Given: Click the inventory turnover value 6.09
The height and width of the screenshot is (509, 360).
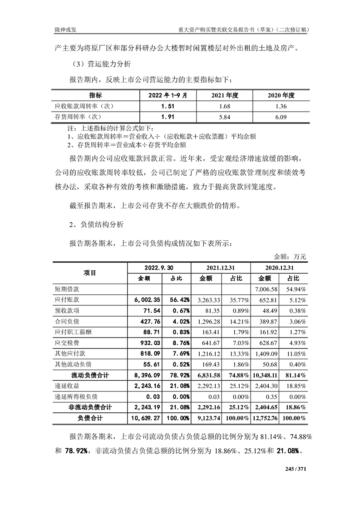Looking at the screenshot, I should coord(282,117).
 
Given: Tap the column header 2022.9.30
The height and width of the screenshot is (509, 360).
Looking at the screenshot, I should coord(158,268).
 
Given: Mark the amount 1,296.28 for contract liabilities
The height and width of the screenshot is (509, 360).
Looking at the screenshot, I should coord(207,321).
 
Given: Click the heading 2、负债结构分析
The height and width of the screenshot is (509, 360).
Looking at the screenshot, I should coord(95,224).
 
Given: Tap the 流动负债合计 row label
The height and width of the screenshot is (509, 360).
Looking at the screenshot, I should coord(90,375).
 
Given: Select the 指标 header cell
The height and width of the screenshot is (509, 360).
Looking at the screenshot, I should coord(95,95).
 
